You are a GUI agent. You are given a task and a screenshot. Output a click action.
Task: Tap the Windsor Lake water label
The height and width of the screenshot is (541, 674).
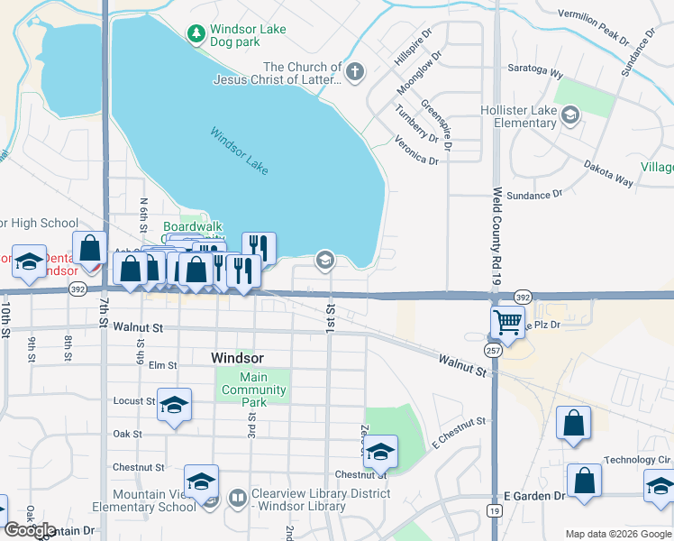240,151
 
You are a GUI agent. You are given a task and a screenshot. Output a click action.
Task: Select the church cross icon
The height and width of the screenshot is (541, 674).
355,72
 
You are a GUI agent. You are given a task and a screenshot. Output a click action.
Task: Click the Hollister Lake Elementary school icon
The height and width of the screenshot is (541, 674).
569,115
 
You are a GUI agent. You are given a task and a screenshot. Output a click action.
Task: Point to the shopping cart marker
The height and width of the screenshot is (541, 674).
508,321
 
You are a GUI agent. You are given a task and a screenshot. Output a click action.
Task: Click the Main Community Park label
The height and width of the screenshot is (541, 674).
254,390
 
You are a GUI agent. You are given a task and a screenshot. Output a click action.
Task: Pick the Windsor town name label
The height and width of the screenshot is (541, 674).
237,358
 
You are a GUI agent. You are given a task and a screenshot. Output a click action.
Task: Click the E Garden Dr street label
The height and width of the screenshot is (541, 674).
533,496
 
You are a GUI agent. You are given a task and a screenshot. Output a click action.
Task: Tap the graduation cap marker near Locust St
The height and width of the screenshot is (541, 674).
175,404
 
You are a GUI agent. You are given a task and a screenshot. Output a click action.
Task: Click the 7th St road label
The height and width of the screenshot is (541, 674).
105,306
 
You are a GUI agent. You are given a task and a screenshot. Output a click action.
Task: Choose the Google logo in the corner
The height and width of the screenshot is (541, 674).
31,529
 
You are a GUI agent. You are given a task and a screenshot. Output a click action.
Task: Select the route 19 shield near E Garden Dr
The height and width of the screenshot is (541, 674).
495,510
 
